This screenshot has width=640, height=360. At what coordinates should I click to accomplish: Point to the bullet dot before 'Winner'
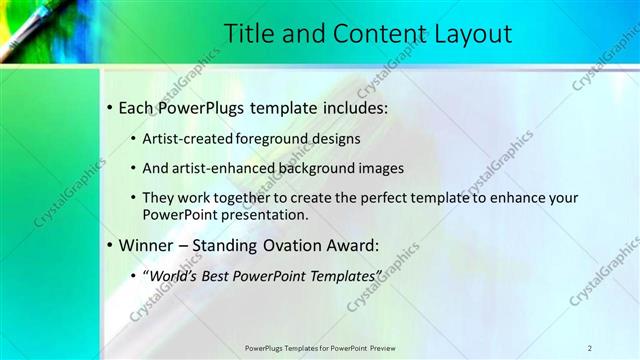point(109,243)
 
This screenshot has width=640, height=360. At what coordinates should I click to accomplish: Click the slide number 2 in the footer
point(589,347)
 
